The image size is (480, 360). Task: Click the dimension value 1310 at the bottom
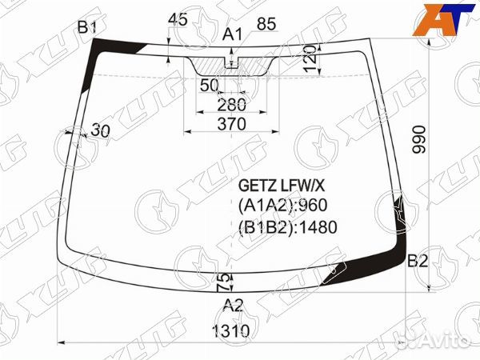[x=231, y=331]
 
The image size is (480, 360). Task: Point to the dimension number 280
[x=231, y=104]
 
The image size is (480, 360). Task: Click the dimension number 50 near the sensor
[x=210, y=85]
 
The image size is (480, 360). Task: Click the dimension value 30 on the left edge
[x=100, y=130]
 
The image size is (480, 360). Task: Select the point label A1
[x=232, y=34]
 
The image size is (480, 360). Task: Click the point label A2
[x=232, y=303]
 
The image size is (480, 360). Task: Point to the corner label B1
[x=86, y=29]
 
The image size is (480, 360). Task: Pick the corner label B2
[x=418, y=261]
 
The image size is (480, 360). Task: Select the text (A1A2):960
[x=282, y=206]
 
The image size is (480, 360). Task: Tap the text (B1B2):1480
[x=287, y=226]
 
